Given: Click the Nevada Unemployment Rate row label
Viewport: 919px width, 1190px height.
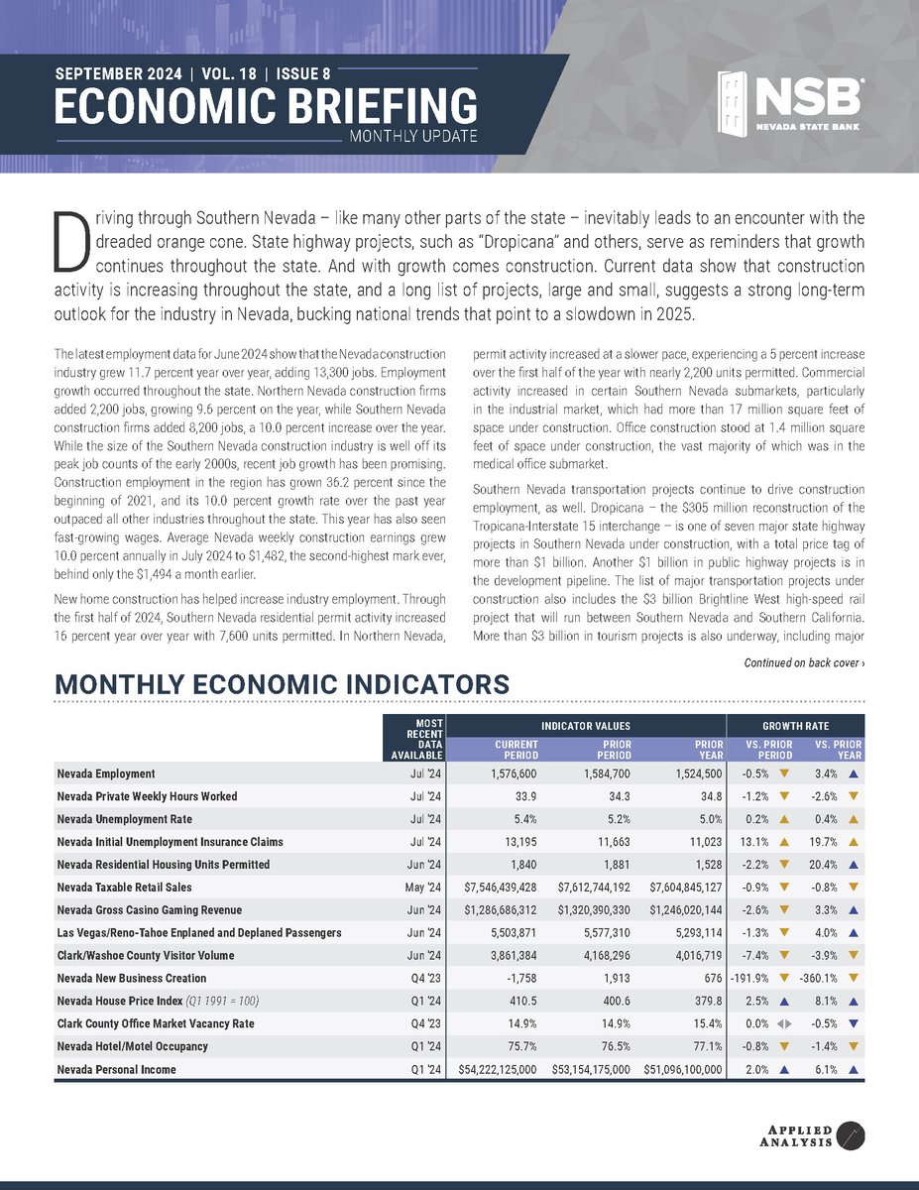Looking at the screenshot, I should pos(124,819).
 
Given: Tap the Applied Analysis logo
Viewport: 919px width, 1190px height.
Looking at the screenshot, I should pos(818,1133).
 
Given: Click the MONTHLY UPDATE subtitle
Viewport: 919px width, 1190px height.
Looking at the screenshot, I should pos(414,136).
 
